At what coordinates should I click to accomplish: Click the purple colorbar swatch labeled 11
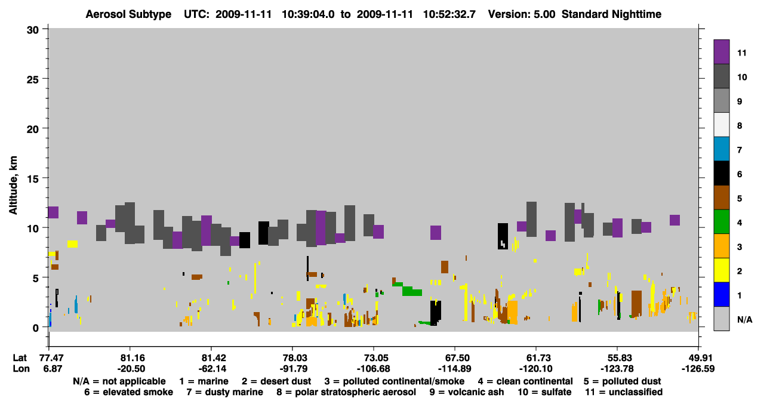721,51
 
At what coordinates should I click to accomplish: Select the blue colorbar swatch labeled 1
721,294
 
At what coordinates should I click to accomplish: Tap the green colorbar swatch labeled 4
721,221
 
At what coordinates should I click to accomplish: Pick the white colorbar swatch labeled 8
721,124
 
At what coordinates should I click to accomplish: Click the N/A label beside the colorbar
744,319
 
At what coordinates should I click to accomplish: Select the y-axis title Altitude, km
13,185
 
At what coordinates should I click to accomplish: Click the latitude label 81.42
212,358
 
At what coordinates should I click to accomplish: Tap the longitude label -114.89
455,369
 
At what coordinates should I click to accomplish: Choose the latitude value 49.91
698,358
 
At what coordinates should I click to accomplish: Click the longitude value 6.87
53,369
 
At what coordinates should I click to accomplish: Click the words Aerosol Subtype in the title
128,14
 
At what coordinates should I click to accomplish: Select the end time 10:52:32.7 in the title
449,14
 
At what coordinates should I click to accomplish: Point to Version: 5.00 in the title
522,14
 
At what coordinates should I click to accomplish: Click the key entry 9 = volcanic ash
467,392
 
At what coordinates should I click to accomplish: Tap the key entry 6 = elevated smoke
128,392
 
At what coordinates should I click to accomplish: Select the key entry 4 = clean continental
525,381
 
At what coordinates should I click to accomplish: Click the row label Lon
21,369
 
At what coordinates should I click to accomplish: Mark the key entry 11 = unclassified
624,392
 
